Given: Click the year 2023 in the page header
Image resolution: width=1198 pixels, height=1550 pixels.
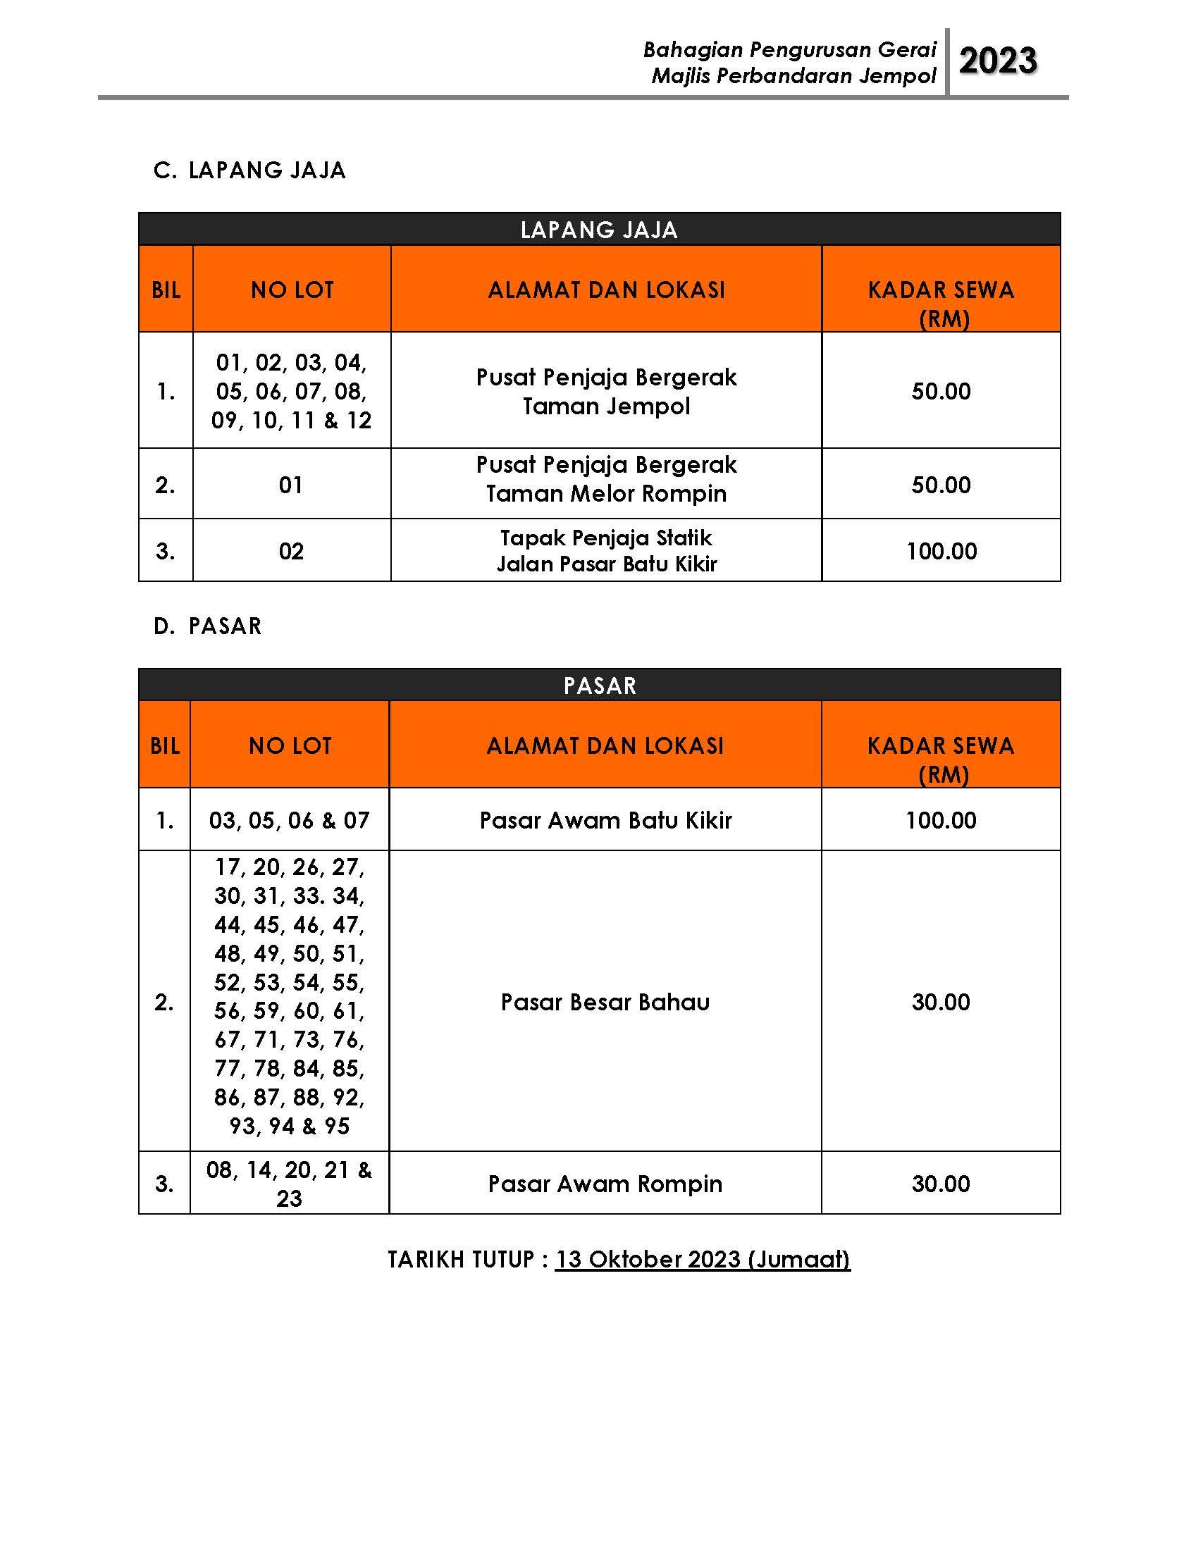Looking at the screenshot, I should tap(997, 61).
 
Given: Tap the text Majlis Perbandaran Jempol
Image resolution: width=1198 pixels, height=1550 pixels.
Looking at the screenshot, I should tap(793, 76).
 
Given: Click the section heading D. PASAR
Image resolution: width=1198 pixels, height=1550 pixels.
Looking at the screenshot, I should tap(207, 626).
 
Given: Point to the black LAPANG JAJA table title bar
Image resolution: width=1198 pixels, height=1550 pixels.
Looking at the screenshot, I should tap(599, 230).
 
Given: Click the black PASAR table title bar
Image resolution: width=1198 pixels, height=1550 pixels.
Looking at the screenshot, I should tap(599, 686).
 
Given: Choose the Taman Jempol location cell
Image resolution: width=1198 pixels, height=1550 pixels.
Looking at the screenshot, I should tap(606, 392).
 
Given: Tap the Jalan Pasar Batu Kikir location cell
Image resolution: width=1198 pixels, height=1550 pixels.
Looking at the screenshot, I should tap(606, 551).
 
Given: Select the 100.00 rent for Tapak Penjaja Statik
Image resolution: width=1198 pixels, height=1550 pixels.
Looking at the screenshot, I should tap(941, 552).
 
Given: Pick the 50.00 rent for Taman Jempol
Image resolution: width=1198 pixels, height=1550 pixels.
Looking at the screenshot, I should tap(941, 391).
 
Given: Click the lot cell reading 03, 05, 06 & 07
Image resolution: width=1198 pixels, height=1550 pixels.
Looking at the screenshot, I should tap(290, 820).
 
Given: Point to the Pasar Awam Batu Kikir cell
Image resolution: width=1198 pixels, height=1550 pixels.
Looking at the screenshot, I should tap(605, 820).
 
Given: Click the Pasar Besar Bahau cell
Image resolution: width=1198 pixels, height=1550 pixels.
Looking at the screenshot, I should tap(605, 1002).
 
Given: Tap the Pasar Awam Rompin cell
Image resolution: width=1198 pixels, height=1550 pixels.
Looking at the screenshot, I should tap(605, 1184).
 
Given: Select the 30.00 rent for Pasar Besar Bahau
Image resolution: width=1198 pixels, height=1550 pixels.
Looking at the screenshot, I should tap(941, 1002).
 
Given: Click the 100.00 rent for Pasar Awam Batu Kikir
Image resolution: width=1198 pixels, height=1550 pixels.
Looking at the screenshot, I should tap(941, 820).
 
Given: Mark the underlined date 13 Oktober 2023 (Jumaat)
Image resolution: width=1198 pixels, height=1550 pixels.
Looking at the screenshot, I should tap(703, 1259).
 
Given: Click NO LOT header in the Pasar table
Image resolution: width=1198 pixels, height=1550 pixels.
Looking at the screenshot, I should tap(290, 746).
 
